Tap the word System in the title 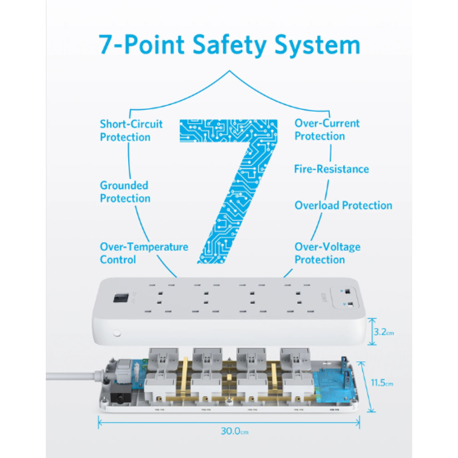tap(317, 45)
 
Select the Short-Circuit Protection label tap(131, 131)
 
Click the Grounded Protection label tap(125, 191)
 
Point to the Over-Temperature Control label tap(144, 253)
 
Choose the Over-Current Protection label tap(327, 130)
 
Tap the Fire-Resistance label tap(332, 169)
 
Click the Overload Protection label tap(343, 205)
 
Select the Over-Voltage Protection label tap(327, 253)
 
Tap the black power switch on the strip tap(121, 298)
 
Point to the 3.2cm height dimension tap(383, 332)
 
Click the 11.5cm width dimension tap(382, 382)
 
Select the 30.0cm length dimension tap(234, 431)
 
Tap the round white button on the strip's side tap(117, 333)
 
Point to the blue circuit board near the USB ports tap(333, 386)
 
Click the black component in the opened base tap(121, 394)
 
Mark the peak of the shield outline tap(229, 71)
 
